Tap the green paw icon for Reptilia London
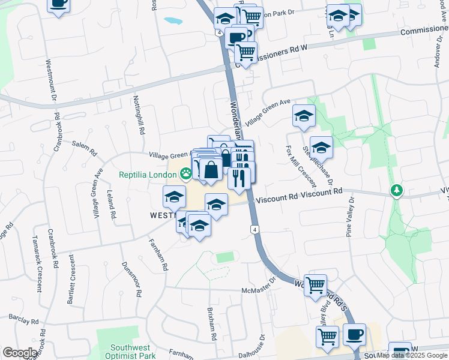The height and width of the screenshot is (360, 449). pos(185,174)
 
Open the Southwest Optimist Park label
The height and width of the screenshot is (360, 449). pos(128,352)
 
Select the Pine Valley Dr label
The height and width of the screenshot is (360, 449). pos(349,217)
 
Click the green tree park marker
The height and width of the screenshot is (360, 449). pos(396,191)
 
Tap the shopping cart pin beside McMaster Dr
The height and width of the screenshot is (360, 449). pos(315,285)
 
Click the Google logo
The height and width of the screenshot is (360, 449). pos(20,353)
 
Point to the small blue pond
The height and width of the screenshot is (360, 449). pos(173,20)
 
